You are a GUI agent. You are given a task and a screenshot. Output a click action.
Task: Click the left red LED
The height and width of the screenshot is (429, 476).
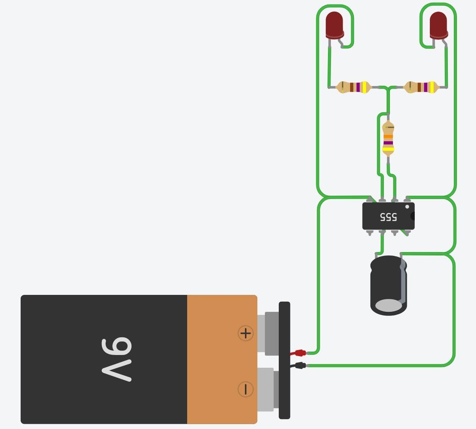pos(334,25)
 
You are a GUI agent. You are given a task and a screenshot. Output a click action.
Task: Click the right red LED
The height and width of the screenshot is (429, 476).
pos(438,25)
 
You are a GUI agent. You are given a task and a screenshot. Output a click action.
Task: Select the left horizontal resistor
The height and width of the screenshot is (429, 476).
pos(354,87)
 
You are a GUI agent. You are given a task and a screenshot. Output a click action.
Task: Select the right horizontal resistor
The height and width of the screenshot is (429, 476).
pos(421,87)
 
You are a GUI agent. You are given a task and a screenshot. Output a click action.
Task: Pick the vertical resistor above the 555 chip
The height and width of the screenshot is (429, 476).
pos(388,139)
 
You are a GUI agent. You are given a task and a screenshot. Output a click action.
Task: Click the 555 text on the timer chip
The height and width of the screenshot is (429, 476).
pos(388,217)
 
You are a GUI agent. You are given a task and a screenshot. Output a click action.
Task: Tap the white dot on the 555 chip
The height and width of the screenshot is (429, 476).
pos(407,207)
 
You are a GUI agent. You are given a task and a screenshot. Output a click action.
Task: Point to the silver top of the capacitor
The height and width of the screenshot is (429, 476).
pos(388,305)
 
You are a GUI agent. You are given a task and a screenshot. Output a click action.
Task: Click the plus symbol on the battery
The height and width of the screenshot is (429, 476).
pos(246,333)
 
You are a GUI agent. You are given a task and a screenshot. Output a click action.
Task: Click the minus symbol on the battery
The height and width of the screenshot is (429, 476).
pos(246,389)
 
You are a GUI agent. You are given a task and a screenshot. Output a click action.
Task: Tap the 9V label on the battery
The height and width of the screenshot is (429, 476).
pos(116,360)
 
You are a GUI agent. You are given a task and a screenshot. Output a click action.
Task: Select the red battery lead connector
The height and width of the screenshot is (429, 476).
pos(299,353)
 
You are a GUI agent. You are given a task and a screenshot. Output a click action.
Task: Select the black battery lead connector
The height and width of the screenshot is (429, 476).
pos(299,365)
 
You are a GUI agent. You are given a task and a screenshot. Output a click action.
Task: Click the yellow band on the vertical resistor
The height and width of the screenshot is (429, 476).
pos(388,150)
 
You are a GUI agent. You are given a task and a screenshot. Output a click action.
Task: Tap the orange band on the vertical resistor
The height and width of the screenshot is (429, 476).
pos(388,136)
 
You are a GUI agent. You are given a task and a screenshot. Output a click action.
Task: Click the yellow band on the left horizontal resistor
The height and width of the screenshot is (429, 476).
pos(364,87)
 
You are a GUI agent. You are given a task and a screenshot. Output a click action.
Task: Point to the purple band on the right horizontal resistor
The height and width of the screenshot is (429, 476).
pos(426,87)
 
